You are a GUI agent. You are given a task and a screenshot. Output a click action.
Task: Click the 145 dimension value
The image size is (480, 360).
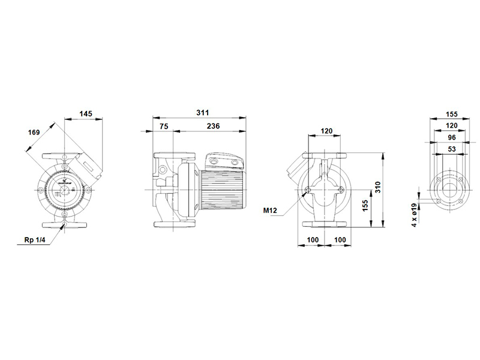tap(86, 114)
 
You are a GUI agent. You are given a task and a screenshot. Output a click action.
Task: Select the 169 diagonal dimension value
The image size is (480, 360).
tap(34, 132)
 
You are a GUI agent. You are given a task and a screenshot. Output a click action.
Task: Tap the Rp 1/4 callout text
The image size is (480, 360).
tap(35, 239)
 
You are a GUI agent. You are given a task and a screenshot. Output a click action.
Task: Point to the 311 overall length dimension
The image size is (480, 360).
tap(203, 113)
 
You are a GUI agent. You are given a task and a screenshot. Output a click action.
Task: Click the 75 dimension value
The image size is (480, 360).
tap(164, 126)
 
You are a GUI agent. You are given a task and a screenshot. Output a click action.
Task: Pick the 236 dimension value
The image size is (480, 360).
tap(213, 126)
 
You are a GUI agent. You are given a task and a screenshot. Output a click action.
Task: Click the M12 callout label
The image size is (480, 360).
tap(270, 211)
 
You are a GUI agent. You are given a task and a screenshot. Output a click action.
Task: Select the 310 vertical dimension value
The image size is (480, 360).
tap(378, 187)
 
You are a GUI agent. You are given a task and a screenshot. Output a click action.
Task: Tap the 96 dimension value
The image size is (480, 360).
tap(452, 137)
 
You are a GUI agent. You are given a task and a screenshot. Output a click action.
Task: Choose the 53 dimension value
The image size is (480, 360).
tap(452, 149)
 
